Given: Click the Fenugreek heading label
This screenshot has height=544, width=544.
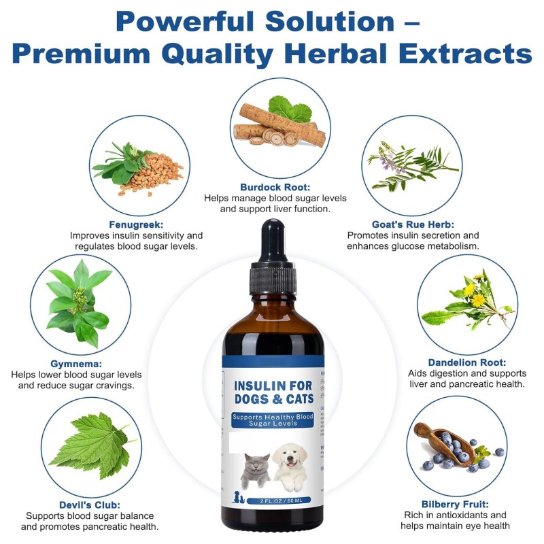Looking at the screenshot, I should click(x=136, y=224).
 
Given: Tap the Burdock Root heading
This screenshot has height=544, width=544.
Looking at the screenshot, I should click(x=275, y=186).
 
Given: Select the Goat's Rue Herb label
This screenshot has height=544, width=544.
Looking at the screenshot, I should click(x=413, y=224).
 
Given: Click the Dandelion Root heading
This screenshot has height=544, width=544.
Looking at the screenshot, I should click(x=466, y=362).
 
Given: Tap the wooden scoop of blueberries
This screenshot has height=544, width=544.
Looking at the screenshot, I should click(x=442, y=442).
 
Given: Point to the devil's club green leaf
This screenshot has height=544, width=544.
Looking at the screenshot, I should click(x=88, y=445).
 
